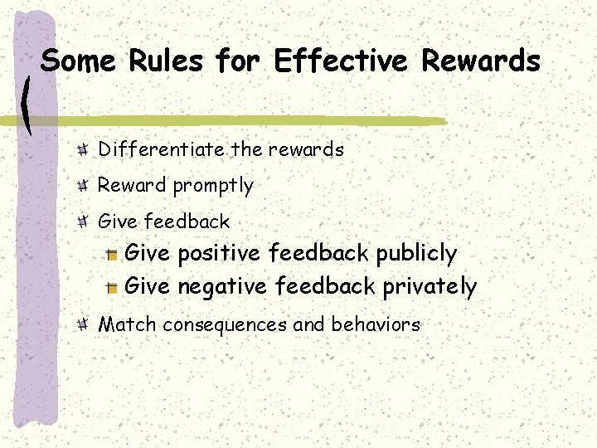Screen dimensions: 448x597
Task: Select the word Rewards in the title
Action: pyautogui.click(x=481, y=61)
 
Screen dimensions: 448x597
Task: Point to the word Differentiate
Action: pyautogui.click(x=161, y=149)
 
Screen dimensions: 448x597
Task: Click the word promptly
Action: pyautogui.click(x=213, y=186)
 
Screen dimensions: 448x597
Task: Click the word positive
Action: pyautogui.click(x=217, y=253)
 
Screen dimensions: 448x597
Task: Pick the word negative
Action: pyautogui.click(x=221, y=287)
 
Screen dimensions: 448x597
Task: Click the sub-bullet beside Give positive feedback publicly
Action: pyautogui.click(x=111, y=254)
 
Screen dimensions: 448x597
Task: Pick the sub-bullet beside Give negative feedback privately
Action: pyautogui.click(x=111, y=288)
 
